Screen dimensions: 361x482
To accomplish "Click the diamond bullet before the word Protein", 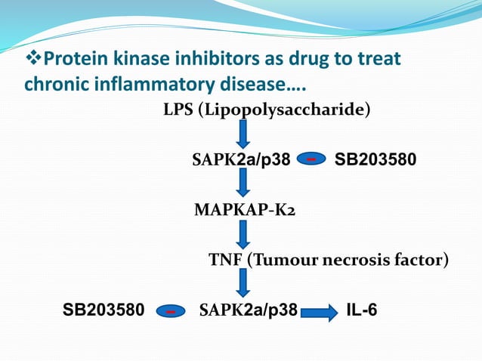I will (x=34, y=59).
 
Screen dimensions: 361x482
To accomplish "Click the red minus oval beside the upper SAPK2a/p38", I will (x=311, y=159).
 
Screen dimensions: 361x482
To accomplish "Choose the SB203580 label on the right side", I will (x=375, y=159).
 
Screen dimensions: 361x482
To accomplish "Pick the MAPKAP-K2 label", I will (x=245, y=208).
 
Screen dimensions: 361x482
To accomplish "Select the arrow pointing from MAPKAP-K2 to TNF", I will (x=243, y=234).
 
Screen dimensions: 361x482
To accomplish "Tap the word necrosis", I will (x=356, y=261).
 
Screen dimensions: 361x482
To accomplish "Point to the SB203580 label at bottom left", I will (x=103, y=310).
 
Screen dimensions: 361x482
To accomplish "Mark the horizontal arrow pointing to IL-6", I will (x=319, y=311).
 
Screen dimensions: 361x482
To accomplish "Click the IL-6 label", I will (x=363, y=310).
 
